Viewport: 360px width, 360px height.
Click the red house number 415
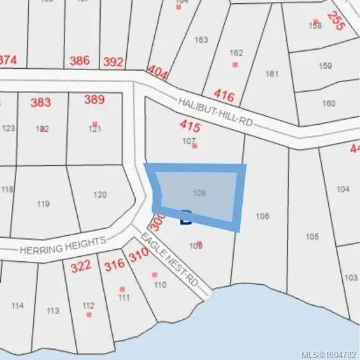coord(191,128)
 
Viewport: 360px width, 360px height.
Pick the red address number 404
coord(157,72)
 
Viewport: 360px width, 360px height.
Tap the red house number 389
coord(94,99)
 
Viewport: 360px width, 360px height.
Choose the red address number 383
coord(40,102)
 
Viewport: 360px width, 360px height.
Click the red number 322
coord(81,266)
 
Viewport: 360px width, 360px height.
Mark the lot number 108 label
coord(199,191)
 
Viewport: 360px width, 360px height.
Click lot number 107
coord(189,141)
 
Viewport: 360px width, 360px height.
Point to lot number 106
coord(262,217)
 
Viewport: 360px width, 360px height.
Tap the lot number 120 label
coord(100,195)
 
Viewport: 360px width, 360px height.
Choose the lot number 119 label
coord(43,204)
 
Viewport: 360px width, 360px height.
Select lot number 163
coord(201,40)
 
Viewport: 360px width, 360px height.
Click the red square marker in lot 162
coord(234,64)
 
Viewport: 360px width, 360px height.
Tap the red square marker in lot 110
coord(154,275)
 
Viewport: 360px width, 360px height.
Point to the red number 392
coord(113,62)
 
